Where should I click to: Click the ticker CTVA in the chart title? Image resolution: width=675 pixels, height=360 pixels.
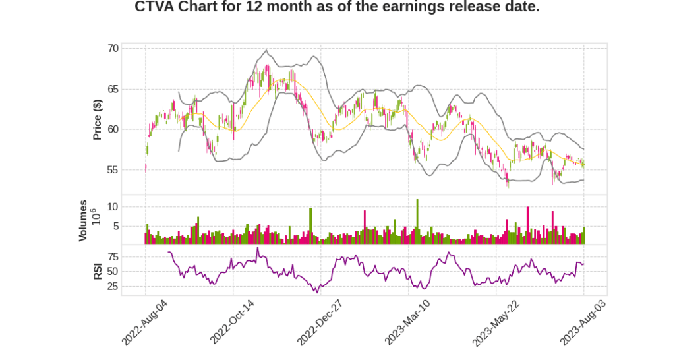tap(156, 7)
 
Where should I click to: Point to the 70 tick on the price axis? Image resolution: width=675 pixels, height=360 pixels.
tap(113, 48)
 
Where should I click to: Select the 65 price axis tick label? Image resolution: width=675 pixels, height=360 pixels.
tap(113, 88)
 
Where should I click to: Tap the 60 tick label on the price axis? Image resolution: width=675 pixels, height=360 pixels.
tap(113, 129)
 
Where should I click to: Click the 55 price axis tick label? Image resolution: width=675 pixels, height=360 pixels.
tap(113, 170)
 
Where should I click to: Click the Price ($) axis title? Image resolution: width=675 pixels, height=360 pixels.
tap(97, 119)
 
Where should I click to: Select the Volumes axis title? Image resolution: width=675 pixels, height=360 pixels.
tap(83, 220)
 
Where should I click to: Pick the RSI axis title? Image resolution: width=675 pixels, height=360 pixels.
tap(97, 270)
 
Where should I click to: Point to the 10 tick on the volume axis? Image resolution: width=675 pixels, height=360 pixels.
tap(113, 206)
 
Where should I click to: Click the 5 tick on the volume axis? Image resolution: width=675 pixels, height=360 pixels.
tap(115, 226)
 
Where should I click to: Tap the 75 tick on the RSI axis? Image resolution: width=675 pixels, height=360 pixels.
tap(113, 256)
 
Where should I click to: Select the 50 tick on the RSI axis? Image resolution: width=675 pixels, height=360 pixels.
tap(113, 272)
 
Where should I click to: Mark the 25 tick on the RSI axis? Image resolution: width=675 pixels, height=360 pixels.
tap(113, 287)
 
